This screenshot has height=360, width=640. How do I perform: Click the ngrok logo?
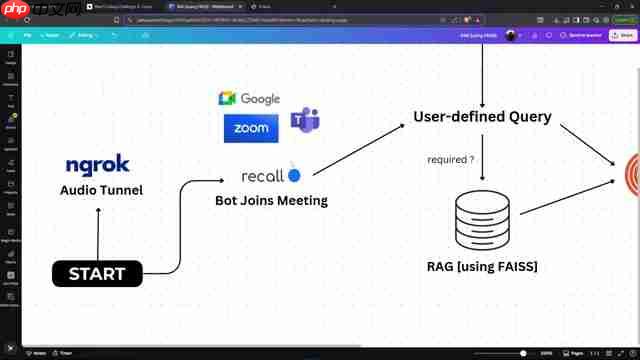(98, 166)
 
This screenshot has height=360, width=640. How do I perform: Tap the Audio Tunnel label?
(101, 190)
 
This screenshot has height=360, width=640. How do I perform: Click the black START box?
(97, 273)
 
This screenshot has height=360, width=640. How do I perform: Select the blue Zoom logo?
(251, 128)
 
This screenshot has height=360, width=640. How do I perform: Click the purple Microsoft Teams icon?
(304, 122)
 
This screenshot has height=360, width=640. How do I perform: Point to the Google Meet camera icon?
(227, 98)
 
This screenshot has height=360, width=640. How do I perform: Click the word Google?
(260, 99)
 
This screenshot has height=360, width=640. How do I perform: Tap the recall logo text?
(263, 176)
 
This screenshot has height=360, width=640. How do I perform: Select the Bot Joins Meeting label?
(271, 200)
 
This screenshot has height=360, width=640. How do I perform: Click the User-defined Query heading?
(482, 116)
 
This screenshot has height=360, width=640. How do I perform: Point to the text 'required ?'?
(450, 159)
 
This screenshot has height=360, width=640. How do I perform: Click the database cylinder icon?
(482, 220)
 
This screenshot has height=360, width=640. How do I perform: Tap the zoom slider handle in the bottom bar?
(523, 353)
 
